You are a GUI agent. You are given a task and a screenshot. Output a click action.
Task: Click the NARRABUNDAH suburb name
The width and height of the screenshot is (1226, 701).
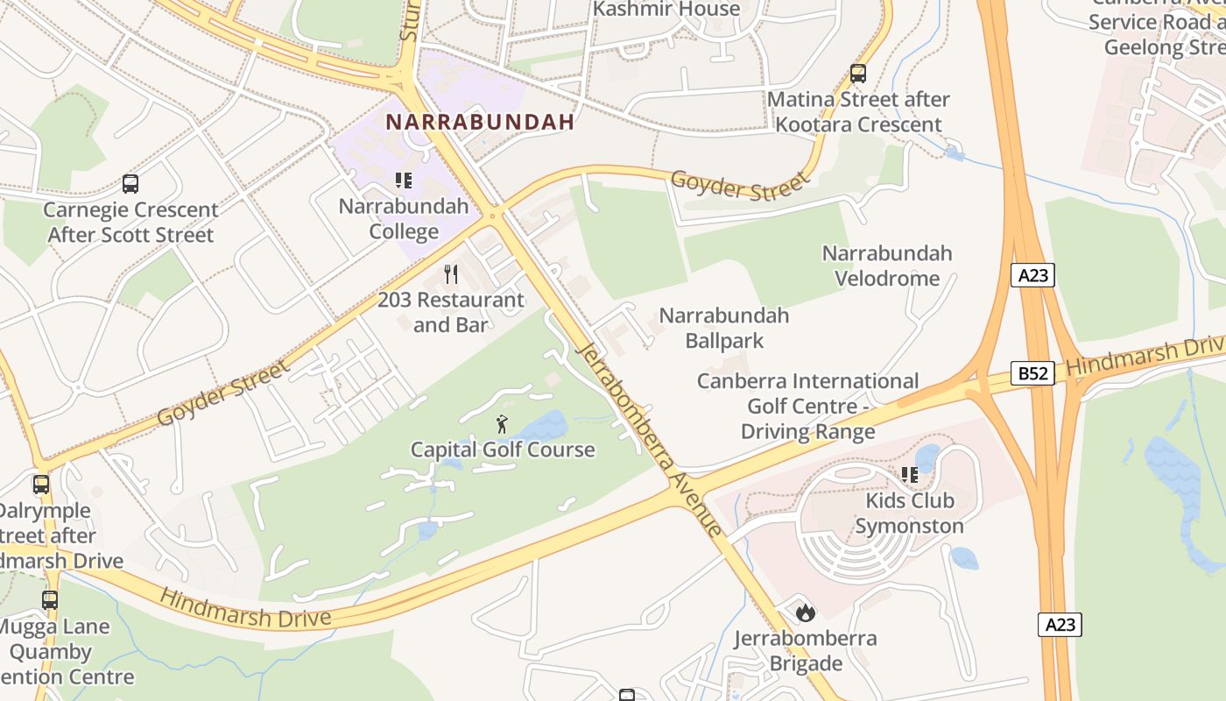tap(480, 122)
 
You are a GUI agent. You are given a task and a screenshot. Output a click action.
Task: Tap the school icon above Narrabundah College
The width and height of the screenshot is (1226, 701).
tap(404, 181)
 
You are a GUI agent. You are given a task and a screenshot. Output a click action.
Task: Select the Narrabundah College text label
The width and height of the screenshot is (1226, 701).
tap(404, 219)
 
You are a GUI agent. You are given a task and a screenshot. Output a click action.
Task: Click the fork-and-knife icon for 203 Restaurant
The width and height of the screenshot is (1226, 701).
tap(451, 274)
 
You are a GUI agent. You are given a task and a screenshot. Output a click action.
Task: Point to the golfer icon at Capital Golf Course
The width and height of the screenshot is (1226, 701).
tap(502, 425)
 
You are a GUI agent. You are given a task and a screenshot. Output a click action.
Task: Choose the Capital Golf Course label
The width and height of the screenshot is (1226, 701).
tap(503, 450)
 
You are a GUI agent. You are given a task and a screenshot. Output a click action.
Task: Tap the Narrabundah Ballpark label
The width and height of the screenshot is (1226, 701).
tap(724, 328)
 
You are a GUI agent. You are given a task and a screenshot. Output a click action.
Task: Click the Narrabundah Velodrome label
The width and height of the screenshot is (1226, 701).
tap(886, 266)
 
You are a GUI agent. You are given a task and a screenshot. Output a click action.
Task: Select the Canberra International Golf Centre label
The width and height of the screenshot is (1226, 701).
tap(807, 407)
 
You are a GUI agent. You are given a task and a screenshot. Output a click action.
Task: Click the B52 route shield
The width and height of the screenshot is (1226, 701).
tap(1032, 373)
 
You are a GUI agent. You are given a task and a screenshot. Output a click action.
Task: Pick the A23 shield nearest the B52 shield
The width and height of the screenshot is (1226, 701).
tap(1033, 275)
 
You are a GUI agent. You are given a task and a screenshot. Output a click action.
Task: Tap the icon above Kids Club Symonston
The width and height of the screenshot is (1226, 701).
tap(909, 475)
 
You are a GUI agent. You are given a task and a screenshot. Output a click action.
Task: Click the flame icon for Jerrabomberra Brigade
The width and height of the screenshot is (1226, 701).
tap(806, 612)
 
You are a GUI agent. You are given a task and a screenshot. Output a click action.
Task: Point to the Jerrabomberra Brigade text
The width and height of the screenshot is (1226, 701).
tap(806, 650)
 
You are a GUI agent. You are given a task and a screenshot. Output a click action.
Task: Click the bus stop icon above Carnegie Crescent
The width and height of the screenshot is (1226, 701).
tap(130, 184)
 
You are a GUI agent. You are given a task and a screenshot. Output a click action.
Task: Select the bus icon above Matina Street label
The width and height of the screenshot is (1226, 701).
tap(858, 74)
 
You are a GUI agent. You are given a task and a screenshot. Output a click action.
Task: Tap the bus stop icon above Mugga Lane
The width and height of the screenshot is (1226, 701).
tap(50, 600)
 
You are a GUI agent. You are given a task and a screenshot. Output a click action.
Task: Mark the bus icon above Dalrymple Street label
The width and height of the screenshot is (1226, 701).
tap(41, 485)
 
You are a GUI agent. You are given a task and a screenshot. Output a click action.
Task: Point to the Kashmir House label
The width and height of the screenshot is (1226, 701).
tap(666, 10)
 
